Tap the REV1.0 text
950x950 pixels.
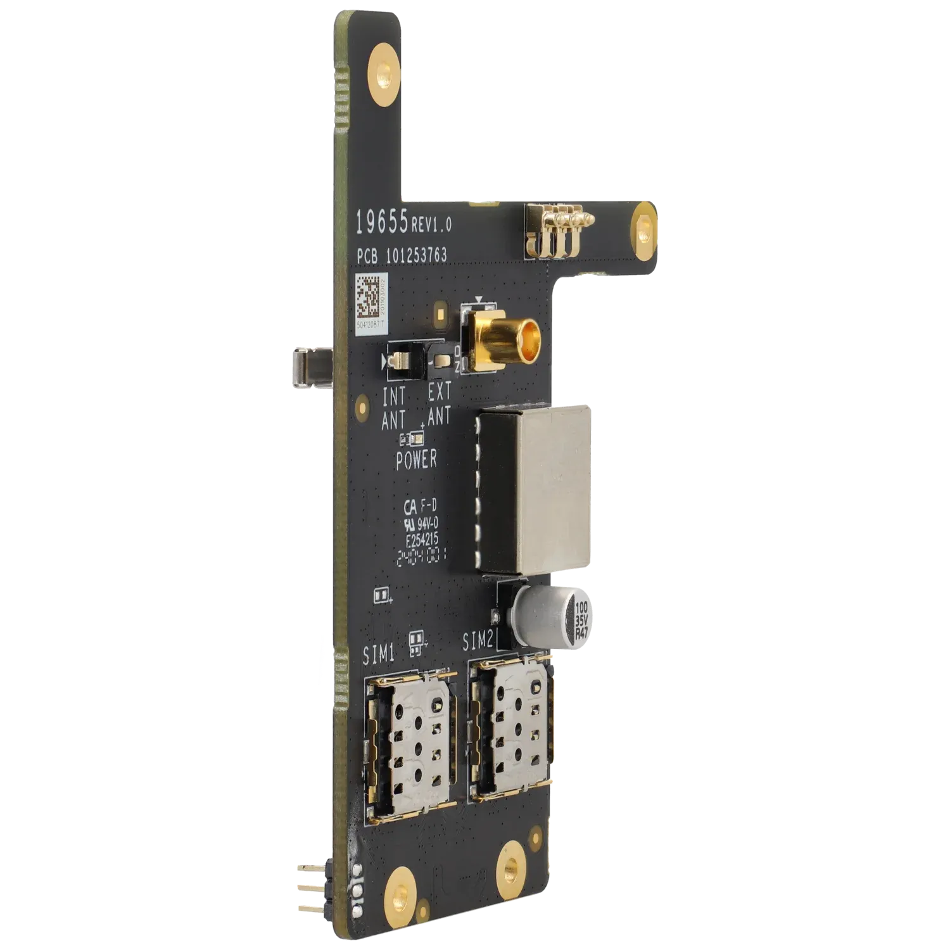tap(431, 224)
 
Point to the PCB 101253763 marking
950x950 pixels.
tap(401, 255)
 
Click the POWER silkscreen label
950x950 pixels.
tap(416, 460)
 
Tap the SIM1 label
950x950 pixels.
tap(379, 654)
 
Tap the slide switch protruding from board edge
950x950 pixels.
tap(310, 369)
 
